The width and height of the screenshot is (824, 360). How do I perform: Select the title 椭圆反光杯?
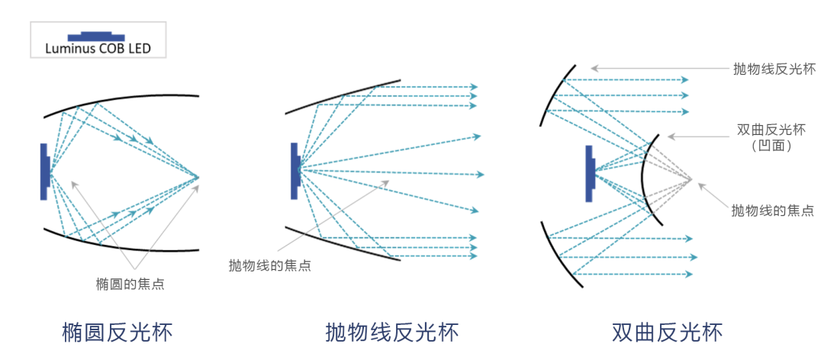[x=117, y=333]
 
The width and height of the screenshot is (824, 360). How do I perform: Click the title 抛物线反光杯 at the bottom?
[x=392, y=333]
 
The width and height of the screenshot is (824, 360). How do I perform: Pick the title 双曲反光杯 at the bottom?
[x=667, y=333]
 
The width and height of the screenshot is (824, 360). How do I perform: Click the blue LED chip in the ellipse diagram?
[x=44, y=172]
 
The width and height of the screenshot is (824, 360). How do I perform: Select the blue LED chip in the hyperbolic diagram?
[x=590, y=173]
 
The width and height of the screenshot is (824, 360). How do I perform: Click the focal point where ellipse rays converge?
[x=198, y=178]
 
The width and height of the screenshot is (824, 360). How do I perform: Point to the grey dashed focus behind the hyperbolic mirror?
[x=691, y=180]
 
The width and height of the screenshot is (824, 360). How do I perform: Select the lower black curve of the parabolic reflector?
[x=343, y=244]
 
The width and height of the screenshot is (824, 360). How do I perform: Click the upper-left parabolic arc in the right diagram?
[x=552, y=92]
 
